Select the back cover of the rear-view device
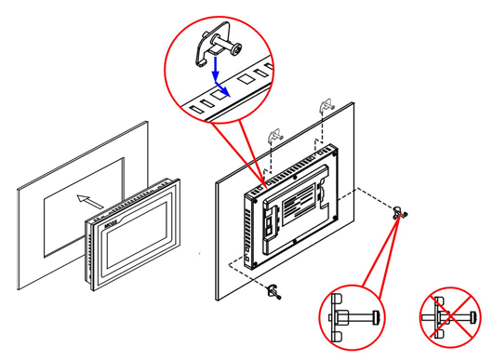click(x=293, y=205)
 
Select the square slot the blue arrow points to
click(x=220, y=92)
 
